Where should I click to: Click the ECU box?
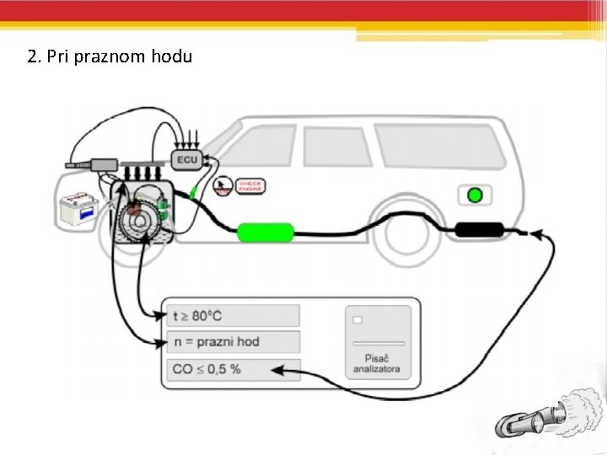pos(187,159)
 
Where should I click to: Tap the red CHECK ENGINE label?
pos(250,185)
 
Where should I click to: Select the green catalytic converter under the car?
pos(266,232)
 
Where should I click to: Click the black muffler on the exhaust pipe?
pos(480,229)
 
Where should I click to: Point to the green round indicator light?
pos(475,195)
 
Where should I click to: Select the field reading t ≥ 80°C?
pos(233,316)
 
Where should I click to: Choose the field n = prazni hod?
pos(233,342)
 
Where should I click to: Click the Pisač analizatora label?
pos(377,365)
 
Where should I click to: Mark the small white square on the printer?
pos(357,320)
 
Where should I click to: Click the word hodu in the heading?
pos(172,57)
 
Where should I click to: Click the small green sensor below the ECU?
pos(195,191)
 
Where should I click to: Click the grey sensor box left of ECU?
pos(107,163)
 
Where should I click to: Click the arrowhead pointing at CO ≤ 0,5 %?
pos(277,368)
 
